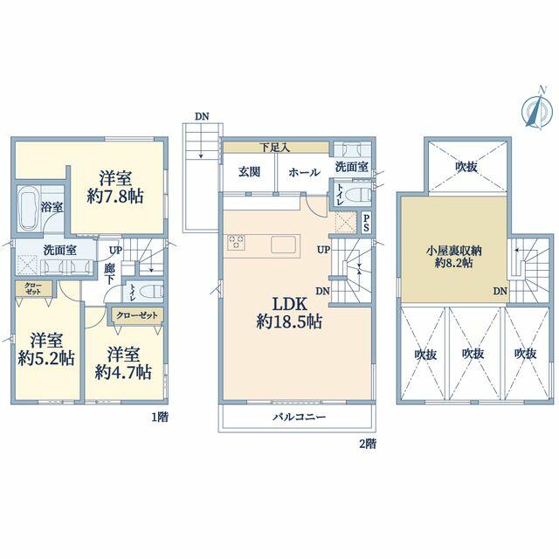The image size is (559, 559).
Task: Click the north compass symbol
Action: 537,107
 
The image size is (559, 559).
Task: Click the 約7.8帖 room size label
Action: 115,196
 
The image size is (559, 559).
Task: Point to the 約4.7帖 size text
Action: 123,372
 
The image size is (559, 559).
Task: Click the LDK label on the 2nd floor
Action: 289,305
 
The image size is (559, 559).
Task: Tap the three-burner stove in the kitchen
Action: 236,241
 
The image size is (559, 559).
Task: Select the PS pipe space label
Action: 366,223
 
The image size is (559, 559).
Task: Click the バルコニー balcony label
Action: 300,417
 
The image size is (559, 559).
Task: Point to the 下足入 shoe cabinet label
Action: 274,148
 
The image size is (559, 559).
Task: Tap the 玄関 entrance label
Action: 249,172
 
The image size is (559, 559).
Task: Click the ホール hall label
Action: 304,173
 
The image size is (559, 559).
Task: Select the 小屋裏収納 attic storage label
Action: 454,251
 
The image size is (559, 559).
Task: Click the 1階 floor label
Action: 160,417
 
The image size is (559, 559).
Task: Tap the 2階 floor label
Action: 368,444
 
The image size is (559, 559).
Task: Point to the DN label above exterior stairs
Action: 202,116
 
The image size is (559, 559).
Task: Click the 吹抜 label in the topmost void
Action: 466,167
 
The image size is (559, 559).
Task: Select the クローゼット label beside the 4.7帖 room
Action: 137,315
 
